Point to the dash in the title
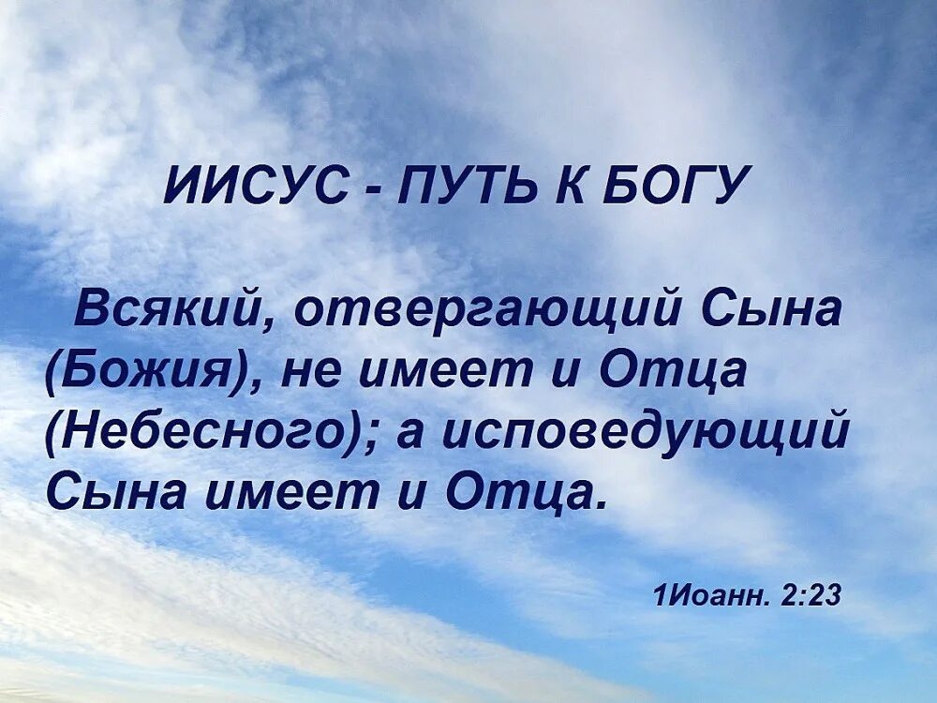click(374, 188)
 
